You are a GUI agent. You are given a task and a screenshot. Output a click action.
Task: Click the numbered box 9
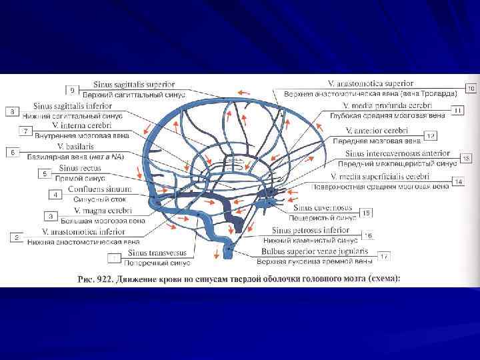(x=72, y=89)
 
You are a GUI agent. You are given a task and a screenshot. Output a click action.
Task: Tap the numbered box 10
(x=471, y=88)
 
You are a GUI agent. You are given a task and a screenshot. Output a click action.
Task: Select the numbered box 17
(x=385, y=256)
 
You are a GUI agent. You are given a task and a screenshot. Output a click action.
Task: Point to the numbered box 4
(x=55, y=195)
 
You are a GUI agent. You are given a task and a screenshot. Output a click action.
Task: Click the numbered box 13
(x=466, y=158)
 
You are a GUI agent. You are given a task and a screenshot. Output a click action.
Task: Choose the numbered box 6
(x=11, y=153)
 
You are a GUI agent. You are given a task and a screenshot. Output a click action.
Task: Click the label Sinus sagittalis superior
(x=143, y=85)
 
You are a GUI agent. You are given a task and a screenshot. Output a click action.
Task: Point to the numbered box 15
(x=366, y=213)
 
